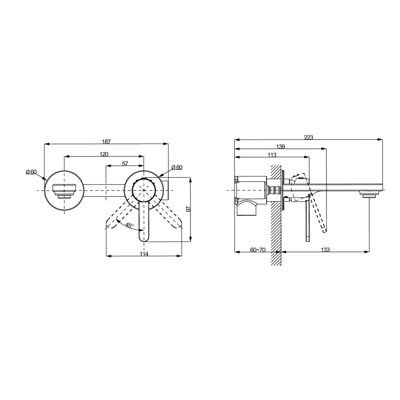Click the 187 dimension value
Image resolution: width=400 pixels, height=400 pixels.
pos(106,142)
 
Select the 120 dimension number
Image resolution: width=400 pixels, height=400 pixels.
pos(104,154)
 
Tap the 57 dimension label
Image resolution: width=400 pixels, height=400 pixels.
pos(125,164)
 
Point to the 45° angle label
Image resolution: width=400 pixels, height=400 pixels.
pos(130,226)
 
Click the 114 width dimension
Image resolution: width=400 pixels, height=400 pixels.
pos(144,254)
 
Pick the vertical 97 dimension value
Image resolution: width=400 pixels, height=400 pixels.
pos(188,209)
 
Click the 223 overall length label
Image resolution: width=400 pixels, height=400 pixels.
pos(308,138)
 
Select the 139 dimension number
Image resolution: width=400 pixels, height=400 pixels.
pos(281,147)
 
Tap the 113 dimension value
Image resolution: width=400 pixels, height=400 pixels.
pos(272,155)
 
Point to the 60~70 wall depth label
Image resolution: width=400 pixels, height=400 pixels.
pos(258,250)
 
